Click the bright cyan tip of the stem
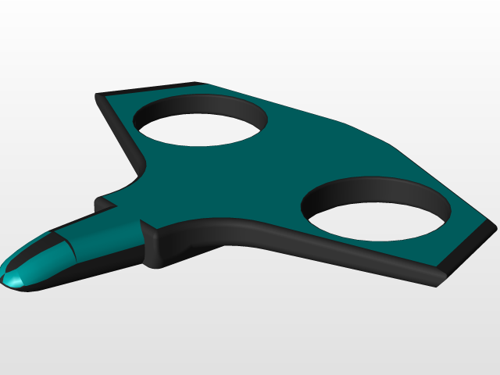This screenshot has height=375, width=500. coord(13,277)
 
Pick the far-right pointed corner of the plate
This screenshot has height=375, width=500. coord(494,227)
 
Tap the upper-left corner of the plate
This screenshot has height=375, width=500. coord(98,96)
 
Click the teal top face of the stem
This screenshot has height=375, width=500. coord(102,230)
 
